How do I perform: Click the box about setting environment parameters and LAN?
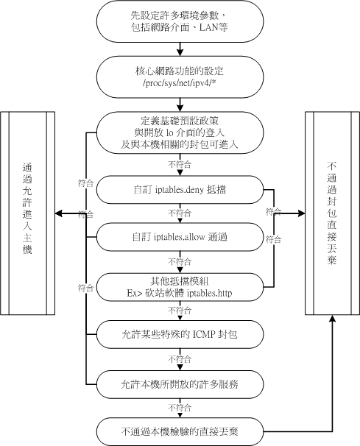pos(180,21)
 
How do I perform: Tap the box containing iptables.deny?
pos(180,188)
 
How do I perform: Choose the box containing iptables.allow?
pos(180,237)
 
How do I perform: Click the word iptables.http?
pos(207,292)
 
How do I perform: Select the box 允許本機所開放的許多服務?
pos(180,383)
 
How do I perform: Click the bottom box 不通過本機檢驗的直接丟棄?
pos(180,431)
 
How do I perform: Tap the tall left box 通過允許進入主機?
pos(27,213)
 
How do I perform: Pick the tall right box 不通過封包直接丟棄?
pos(332,213)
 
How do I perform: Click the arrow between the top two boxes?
pos(180,49)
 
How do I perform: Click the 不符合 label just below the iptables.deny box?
pos(180,213)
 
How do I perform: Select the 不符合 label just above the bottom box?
pos(180,407)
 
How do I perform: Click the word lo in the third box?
pos(182,132)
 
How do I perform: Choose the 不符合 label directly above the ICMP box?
pos(180,310)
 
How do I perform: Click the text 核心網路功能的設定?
pos(180,72)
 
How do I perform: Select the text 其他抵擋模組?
pos(180,280)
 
